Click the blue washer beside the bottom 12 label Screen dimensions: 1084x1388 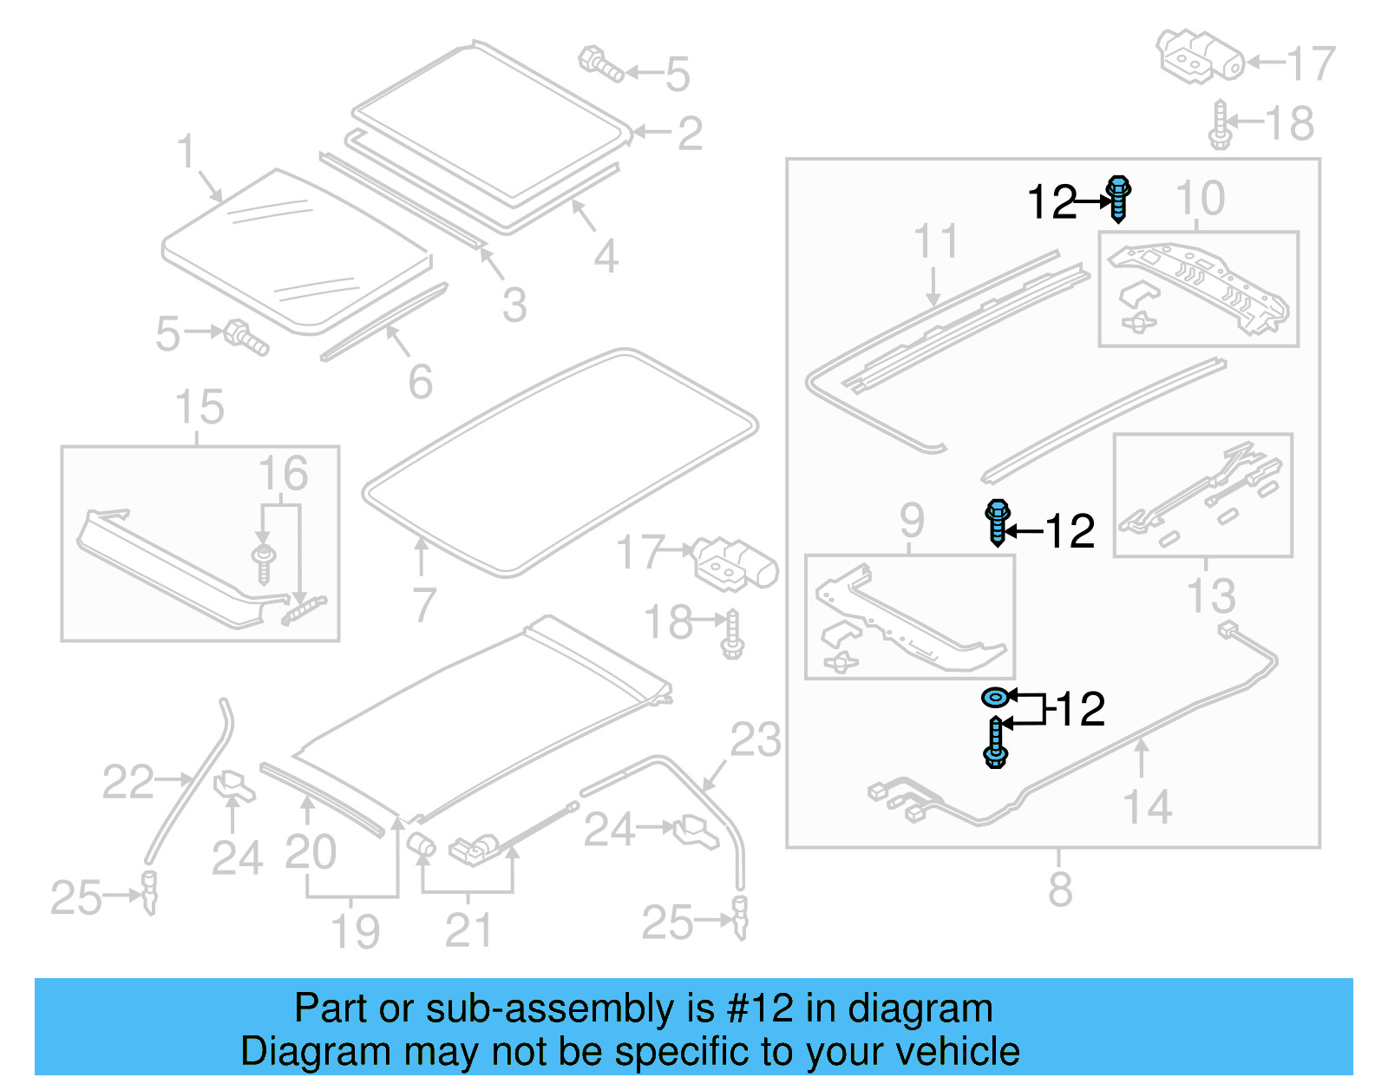click(995, 696)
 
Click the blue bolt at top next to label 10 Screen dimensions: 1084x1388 click(1118, 199)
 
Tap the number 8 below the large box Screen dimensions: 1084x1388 click(1060, 889)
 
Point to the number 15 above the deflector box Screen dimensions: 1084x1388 click(200, 407)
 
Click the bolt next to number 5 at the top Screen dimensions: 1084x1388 click(600, 64)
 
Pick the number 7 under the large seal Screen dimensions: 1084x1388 click(422, 605)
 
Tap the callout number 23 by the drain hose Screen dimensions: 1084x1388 click(755, 740)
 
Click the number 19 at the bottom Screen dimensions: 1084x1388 click(356, 931)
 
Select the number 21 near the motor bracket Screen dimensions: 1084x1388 click(468, 930)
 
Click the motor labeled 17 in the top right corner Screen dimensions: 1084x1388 click(1199, 56)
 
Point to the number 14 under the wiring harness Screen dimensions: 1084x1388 click(1147, 807)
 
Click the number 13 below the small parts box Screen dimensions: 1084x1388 click(1211, 596)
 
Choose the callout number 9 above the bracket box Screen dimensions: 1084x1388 click(911, 521)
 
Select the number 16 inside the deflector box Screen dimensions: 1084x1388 click(283, 474)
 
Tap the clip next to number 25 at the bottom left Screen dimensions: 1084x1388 click(150, 893)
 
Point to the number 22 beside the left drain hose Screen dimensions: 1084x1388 click(128, 782)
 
